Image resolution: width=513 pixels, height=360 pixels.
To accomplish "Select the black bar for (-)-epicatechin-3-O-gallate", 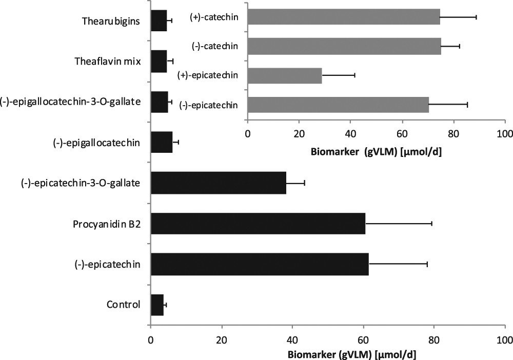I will [218, 183].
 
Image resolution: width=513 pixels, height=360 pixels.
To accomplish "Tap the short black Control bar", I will [157, 305].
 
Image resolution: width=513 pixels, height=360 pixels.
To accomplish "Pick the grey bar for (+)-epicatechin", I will [285, 75].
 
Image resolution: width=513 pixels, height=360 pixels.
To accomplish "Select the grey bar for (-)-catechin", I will [344, 46].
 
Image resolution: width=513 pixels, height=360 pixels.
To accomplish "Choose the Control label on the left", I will [123, 305].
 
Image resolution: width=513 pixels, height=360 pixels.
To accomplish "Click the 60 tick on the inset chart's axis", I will [402, 134].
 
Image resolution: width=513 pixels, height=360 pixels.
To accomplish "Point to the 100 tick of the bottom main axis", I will [505, 339].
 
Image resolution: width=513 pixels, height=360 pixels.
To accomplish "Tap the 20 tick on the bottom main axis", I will [222, 339].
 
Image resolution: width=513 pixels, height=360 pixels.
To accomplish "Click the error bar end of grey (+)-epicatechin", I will [354, 75].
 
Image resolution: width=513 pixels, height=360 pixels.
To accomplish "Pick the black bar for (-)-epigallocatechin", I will [162, 142].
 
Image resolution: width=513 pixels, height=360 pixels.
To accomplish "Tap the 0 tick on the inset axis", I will [247, 134].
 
